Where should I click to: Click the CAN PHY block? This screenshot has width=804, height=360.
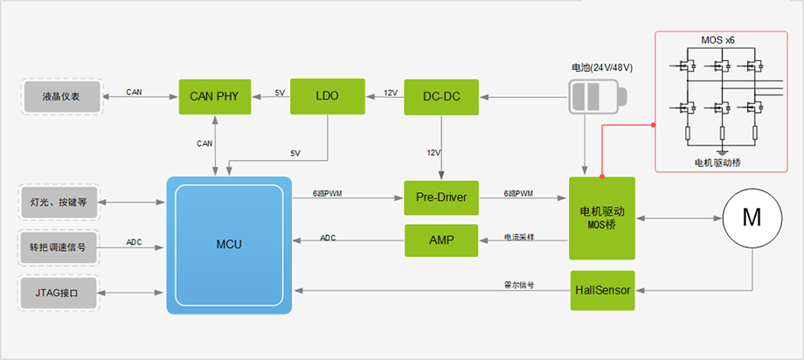click(215, 96)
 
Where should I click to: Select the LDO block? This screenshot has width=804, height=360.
click(327, 96)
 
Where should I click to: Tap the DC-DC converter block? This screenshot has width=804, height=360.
click(441, 96)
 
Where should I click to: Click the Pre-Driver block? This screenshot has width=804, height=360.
click(441, 198)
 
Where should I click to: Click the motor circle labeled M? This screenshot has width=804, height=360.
click(752, 218)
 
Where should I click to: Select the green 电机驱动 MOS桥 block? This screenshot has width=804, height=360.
click(603, 218)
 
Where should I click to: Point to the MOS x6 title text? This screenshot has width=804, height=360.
click(718, 40)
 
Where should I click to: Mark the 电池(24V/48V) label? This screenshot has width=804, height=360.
click(601, 67)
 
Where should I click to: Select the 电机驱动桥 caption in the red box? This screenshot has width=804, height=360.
click(718, 163)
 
